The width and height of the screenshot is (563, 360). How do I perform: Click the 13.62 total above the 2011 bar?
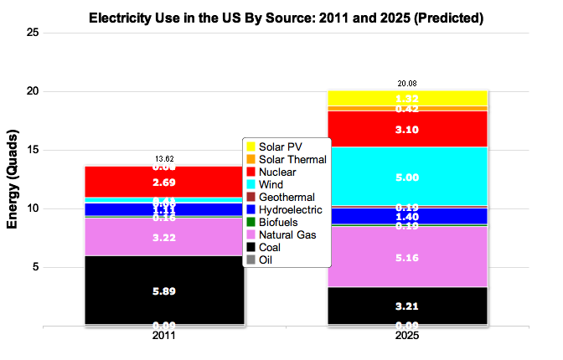click(x=164, y=158)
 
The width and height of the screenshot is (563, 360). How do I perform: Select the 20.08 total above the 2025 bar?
click(x=406, y=83)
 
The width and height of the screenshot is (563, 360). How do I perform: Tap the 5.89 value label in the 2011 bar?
click(x=164, y=291)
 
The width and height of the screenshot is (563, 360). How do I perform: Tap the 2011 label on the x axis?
click(x=164, y=337)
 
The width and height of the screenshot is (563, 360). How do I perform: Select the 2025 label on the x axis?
click(x=406, y=337)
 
